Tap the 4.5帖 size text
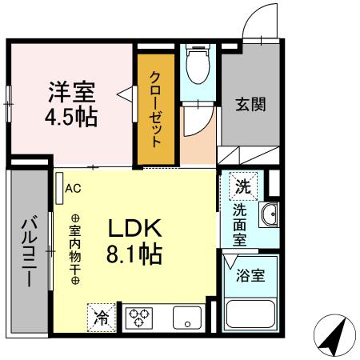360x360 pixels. point(70,117)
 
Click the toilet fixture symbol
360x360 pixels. point(196,63)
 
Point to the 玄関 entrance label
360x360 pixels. point(250,104)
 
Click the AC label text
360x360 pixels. point(73,189)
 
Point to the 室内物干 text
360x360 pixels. point(74,250)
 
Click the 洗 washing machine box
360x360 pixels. point(242,188)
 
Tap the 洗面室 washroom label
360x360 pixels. point(241,224)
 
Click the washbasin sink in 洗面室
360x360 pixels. point(267,215)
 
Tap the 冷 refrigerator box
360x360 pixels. point(103,317)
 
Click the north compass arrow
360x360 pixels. point(334,336)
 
